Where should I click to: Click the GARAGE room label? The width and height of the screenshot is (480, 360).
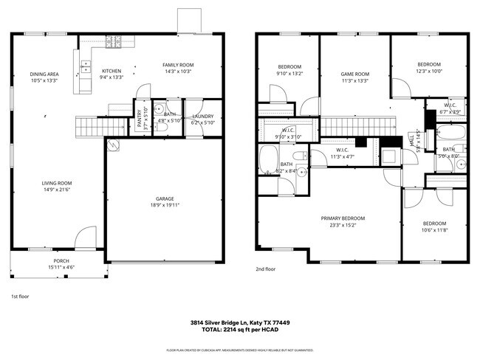[165, 198]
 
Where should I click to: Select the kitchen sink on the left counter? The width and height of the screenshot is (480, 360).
[77, 59]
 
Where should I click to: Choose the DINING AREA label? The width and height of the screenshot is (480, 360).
[44, 75]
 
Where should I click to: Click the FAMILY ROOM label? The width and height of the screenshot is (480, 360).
[177, 65]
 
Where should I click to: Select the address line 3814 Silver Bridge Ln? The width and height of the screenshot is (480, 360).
[239, 322]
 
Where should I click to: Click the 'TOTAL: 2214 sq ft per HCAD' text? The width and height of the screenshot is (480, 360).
[239, 330]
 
